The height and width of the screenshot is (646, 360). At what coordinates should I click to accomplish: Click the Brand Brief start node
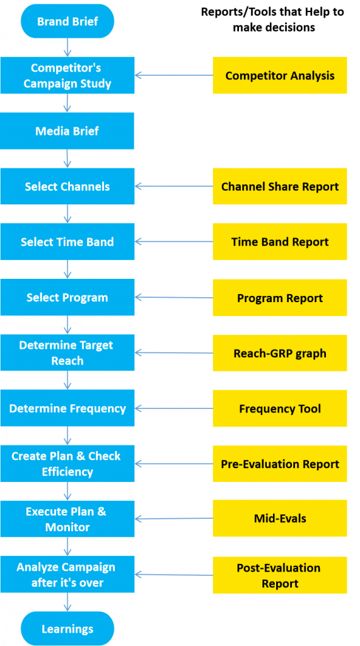coord(67,21)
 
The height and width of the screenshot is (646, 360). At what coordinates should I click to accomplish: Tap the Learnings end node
coord(67,628)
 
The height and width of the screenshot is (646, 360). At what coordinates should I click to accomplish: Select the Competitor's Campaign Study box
coord(67,76)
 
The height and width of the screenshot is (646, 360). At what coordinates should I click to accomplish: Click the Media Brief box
coord(67,131)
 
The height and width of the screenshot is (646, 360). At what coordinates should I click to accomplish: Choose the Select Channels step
coord(67,187)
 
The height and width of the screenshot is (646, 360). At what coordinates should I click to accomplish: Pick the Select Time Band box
coord(67,242)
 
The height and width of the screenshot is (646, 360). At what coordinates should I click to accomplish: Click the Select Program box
coord(67,298)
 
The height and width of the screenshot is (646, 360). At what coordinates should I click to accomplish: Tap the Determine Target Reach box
coord(67,353)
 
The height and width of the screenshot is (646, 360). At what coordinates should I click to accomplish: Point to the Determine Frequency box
coord(67,408)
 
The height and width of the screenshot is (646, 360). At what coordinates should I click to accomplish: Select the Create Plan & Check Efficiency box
coord(67,464)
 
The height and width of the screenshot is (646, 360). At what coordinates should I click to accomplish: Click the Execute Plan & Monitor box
coord(67,519)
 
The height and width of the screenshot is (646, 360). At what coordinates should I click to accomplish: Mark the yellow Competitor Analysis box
coord(279,76)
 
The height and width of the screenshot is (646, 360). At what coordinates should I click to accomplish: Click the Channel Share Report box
coord(279,187)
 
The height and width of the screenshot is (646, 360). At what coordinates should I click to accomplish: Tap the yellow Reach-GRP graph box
coord(279,353)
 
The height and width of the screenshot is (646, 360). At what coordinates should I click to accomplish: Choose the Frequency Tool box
coord(279,408)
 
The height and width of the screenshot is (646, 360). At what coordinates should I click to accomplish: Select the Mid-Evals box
coord(279,518)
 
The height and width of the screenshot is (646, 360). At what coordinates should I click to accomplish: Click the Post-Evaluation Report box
coord(279,575)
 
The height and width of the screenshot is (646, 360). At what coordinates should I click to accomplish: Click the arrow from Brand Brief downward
coord(67,47)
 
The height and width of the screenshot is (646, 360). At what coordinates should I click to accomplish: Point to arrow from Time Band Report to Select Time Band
coord(173,242)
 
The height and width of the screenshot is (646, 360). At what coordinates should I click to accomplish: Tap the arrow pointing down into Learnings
coord(67,602)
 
